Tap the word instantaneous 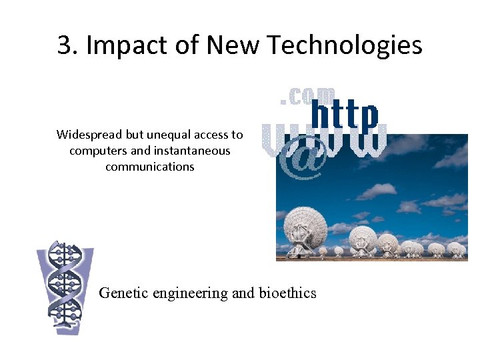(191, 151)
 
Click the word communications (149, 167)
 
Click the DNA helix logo (65, 287)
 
